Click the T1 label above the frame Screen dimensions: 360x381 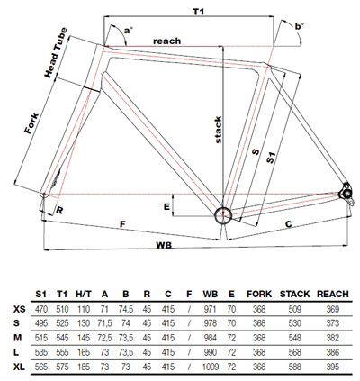point(198,12)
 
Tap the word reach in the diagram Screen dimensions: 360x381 point(167,41)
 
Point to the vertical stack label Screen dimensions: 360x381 point(218,130)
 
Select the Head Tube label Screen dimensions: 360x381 point(56,53)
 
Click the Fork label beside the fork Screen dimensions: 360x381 point(31,123)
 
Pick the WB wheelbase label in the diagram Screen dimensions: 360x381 point(164,245)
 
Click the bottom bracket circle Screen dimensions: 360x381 point(223,215)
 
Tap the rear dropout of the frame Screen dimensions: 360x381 point(347,193)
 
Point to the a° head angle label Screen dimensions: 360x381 point(129,30)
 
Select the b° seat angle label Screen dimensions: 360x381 point(299,26)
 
